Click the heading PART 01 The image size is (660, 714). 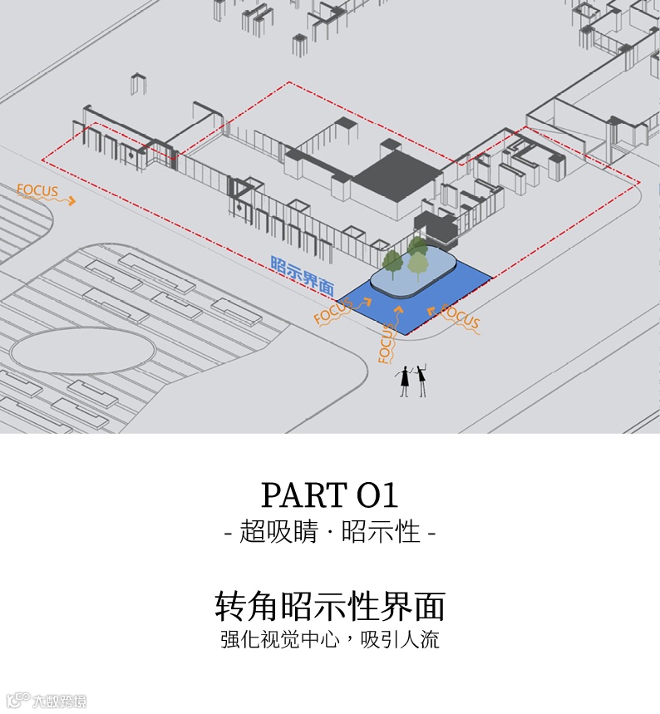tap(330, 495)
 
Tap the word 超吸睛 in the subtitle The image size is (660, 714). tap(278, 532)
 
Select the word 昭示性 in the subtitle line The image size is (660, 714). tap(381, 532)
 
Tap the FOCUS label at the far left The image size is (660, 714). tap(37, 191)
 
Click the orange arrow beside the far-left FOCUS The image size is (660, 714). tap(70, 200)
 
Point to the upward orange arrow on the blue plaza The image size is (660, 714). tap(399, 314)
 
